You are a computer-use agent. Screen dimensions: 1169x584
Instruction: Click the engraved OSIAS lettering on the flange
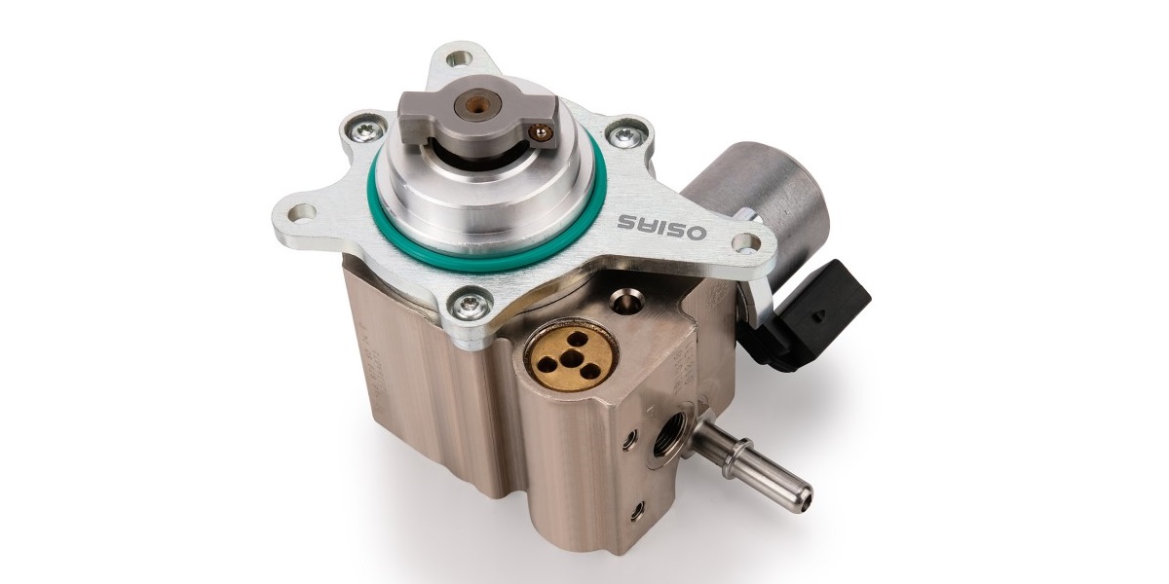662,228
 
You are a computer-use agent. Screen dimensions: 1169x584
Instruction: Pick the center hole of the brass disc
573,358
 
